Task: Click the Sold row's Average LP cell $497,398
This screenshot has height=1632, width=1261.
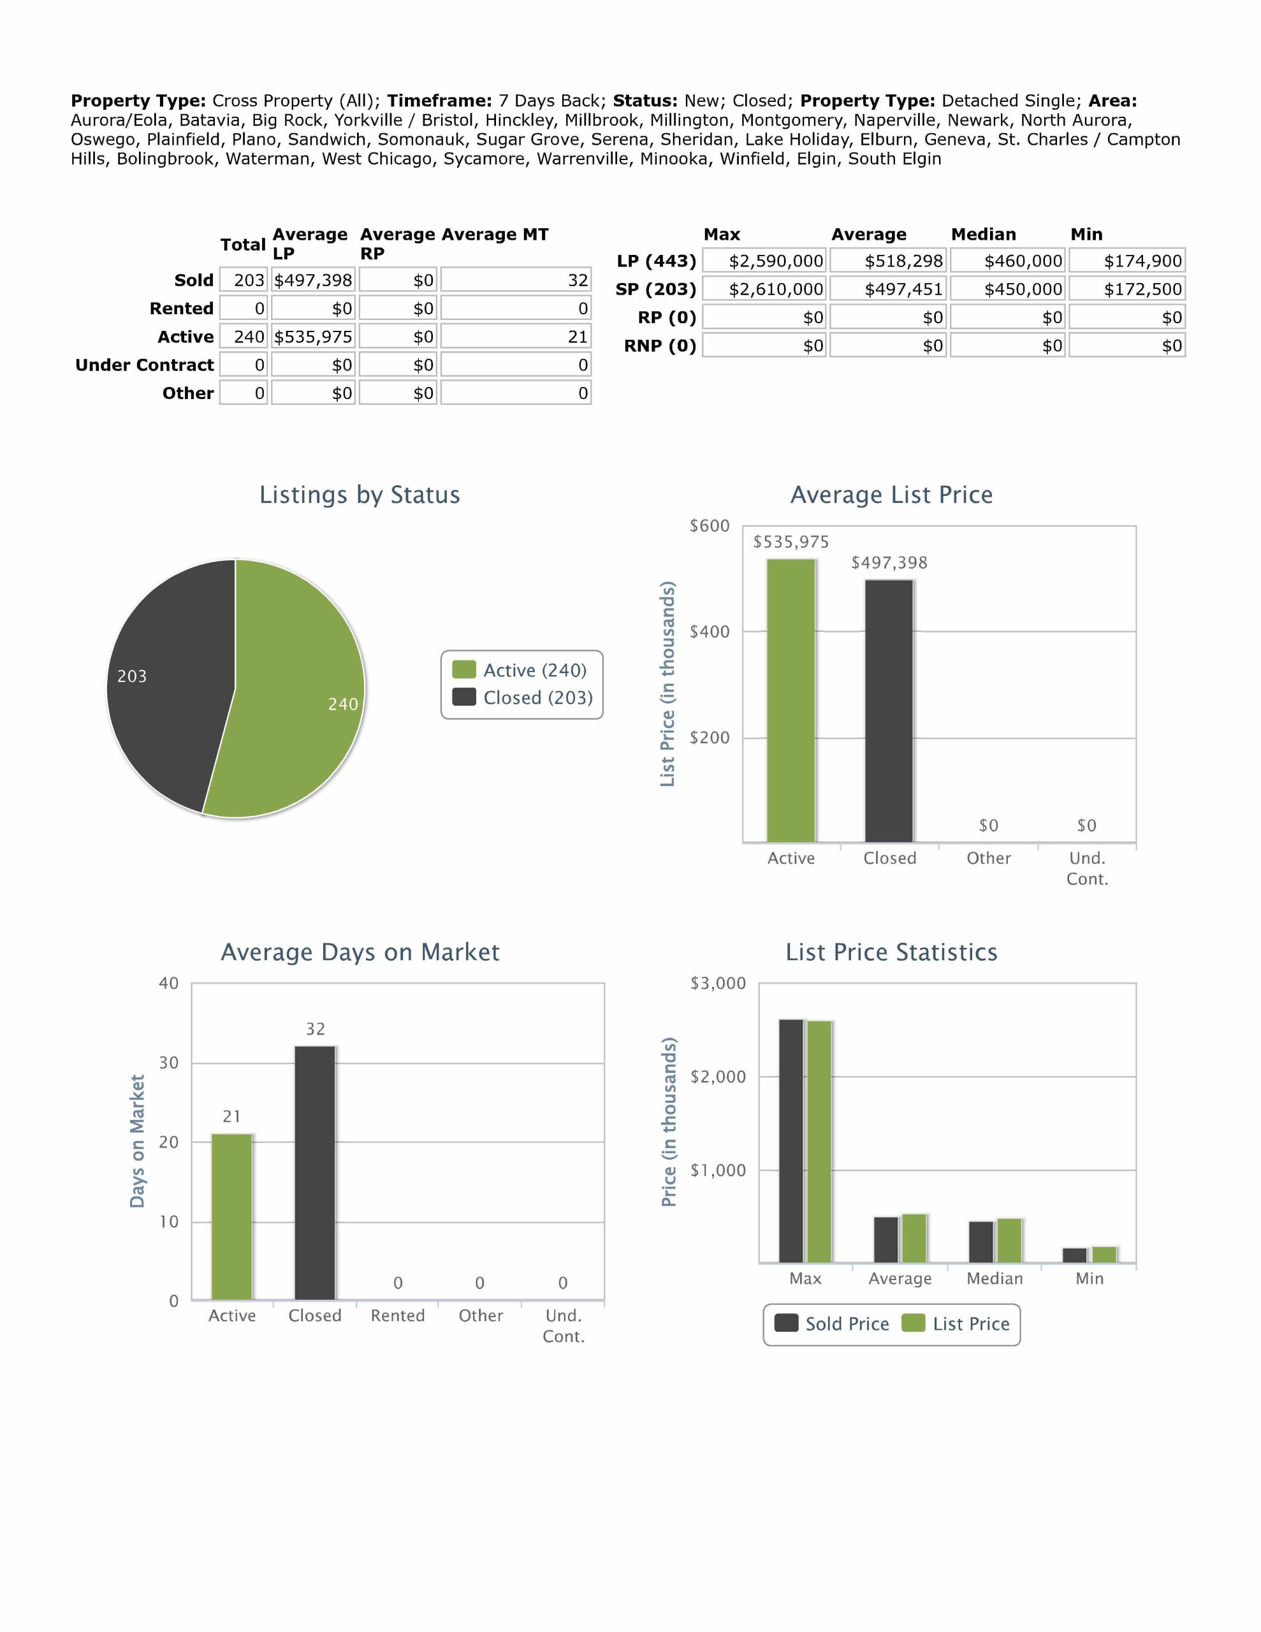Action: coord(313,280)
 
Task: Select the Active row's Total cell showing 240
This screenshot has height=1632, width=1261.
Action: coord(244,337)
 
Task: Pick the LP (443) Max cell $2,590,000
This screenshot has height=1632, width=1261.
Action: coord(764,261)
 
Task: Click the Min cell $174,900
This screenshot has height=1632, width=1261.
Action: coord(1126,261)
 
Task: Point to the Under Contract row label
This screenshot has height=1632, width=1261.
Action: coord(144,365)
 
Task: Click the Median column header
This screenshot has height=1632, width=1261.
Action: coord(983,235)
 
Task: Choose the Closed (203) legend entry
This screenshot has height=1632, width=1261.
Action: coord(523,698)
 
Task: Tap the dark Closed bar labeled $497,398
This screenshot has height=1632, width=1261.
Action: coord(889,711)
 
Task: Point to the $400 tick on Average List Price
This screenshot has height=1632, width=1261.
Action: coord(709,632)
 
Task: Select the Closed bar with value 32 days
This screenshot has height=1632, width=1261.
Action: coord(315,1172)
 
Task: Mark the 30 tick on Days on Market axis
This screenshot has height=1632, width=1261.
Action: coord(169,1063)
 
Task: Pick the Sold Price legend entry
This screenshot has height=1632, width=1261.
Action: coord(832,1324)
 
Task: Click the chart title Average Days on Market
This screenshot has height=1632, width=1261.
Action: coord(360,953)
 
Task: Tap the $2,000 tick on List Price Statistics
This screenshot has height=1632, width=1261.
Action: coord(718,1077)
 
